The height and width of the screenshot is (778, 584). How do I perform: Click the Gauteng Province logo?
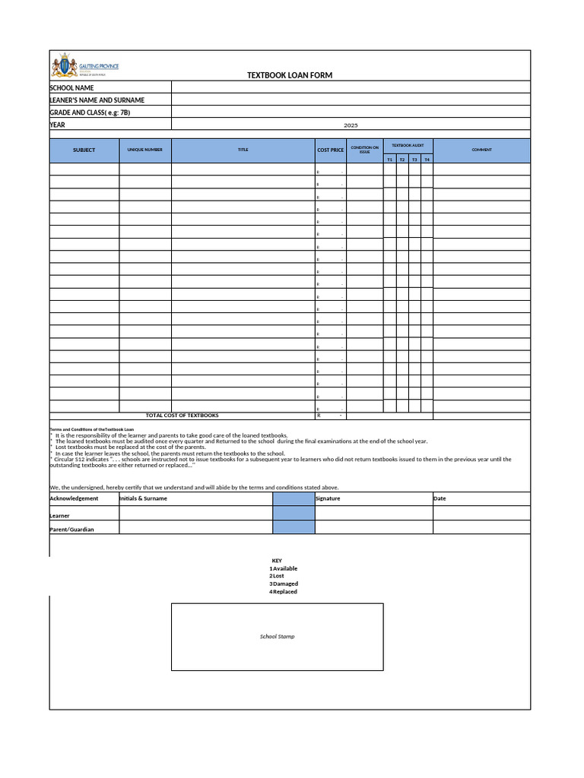point(84,67)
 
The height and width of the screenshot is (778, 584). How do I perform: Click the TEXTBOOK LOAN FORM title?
point(290,75)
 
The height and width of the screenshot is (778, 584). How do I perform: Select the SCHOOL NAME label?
point(71,88)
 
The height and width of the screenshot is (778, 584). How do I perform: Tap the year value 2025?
point(351,125)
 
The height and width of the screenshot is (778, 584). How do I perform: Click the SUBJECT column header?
point(84,150)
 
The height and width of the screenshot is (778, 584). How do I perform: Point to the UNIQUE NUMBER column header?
point(144,150)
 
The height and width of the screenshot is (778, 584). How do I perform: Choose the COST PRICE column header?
point(330,150)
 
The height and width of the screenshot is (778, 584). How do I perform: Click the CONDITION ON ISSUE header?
point(364,150)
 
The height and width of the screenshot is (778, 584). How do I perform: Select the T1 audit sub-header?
point(389,160)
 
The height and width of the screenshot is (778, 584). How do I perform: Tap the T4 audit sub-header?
point(427,160)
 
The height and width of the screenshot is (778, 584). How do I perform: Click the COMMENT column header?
point(481,150)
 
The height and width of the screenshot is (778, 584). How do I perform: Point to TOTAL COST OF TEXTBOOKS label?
point(182,416)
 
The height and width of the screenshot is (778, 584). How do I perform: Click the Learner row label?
point(59,516)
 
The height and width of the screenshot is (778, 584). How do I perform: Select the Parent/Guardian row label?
point(71,530)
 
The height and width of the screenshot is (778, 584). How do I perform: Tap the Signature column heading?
point(328,498)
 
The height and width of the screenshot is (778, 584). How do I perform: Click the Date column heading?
point(440,498)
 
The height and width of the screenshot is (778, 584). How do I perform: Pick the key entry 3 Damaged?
point(284,583)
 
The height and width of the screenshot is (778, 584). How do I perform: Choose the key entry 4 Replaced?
point(283,591)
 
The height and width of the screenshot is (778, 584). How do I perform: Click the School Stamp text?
point(277,637)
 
